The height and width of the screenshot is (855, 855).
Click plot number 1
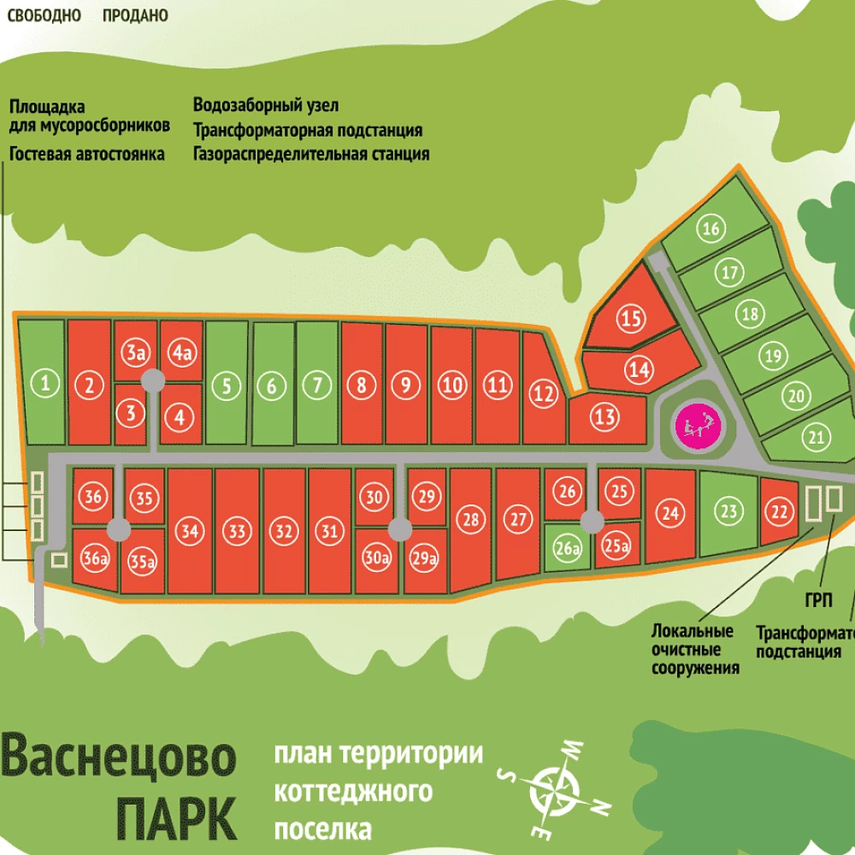[44, 385]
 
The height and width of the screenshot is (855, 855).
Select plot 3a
[135, 353]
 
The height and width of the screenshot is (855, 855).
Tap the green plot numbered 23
[728, 512]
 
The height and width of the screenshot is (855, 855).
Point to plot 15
[631, 320]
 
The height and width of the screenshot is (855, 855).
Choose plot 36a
[95, 560]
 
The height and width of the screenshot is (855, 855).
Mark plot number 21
[817, 439]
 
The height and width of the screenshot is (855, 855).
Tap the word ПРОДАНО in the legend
[135, 15]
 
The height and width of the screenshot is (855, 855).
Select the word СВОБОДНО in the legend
[44, 15]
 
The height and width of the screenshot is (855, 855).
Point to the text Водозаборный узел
[266, 106]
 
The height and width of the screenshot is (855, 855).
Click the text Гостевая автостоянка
[87, 155]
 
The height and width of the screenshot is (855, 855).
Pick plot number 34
[191, 531]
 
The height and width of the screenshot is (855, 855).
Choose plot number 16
[711, 228]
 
